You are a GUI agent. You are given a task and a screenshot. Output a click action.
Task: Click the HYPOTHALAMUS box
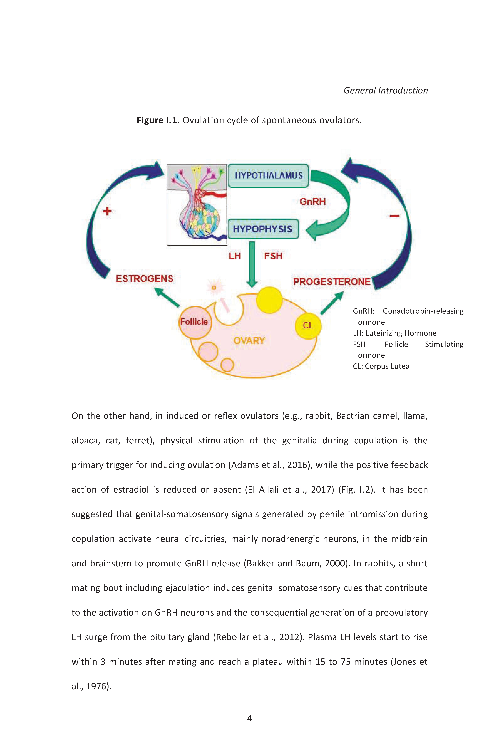pos(268,175)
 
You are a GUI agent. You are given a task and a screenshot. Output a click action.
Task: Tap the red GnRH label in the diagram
pos(313,202)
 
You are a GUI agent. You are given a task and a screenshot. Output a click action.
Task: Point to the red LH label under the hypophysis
pos(234,256)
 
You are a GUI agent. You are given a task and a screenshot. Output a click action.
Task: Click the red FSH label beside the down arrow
pos(273,256)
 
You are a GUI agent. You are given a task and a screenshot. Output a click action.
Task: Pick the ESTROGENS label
pos(144,279)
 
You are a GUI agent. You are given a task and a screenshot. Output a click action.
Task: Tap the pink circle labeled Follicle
pos(195,322)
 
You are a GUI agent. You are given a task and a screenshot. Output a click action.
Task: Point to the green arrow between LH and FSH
pos(252,264)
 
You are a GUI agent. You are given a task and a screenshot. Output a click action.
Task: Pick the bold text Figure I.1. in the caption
pos(158,120)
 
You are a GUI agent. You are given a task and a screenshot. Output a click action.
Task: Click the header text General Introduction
pos(386,90)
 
